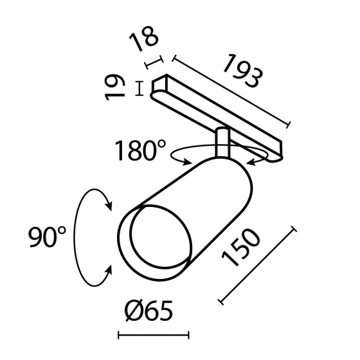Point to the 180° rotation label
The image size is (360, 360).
(139, 152)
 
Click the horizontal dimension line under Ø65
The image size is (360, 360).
(154, 334)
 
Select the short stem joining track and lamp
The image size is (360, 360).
(222, 143)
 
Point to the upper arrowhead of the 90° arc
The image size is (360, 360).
(109, 205)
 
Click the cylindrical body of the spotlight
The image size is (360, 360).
(206, 206)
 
